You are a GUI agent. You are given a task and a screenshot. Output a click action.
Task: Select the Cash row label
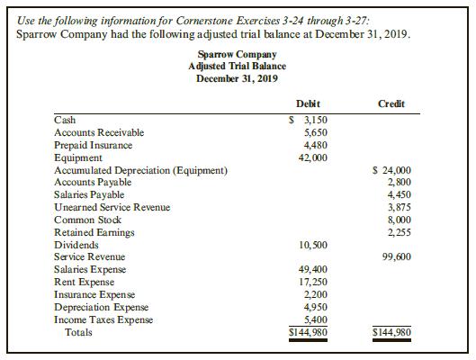click(65, 120)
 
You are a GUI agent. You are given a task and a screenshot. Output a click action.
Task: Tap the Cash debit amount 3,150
click(311, 120)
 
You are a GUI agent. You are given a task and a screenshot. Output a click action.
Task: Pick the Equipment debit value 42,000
click(311, 157)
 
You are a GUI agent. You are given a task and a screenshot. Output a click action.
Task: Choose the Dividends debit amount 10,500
click(311, 244)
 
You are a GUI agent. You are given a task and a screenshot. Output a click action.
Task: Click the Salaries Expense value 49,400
click(311, 269)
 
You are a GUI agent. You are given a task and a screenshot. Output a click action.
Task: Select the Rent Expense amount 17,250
click(311, 282)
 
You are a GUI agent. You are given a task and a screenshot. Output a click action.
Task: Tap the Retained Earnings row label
click(94, 232)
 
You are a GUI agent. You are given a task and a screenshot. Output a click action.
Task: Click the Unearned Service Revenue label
click(112, 207)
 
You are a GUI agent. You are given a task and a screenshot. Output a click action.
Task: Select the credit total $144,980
click(392, 332)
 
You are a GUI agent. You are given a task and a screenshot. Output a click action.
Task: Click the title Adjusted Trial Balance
click(238, 66)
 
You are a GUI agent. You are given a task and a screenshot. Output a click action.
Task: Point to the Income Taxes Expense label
click(103, 319)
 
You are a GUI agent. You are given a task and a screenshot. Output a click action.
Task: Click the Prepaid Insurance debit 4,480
click(314, 145)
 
